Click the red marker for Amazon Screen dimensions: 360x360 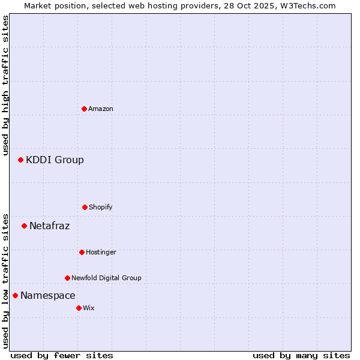tap(84, 109)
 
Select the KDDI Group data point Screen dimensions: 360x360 tap(20, 160)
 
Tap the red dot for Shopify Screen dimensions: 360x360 tap(85, 207)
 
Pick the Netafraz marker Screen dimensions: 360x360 tap(24, 226)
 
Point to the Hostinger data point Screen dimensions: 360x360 tap(82, 252)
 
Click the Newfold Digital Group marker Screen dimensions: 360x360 tap(67, 278)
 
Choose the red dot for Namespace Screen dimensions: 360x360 tap(15, 295)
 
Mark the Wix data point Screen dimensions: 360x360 tap(79, 308)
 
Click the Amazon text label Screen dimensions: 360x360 tap(101, 109)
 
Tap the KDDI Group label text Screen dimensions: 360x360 tap(55, 160)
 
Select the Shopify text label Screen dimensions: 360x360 tap(101, 207)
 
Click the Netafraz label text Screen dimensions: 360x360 tap(49, 226)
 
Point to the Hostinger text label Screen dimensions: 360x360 tap(101, 252)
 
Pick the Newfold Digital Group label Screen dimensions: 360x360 tap(106, 278)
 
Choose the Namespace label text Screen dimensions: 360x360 tap(47, 295)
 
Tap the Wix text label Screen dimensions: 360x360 tap(89, 308)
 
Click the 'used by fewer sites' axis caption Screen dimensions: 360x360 tap(62, 355)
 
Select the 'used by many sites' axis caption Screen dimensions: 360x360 tap(301, 355)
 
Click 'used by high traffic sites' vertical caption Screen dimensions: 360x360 tap(5, 85)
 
